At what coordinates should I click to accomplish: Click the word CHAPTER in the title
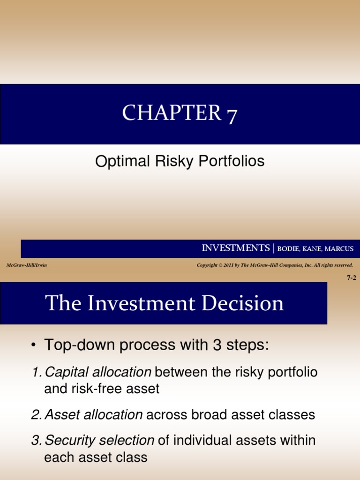(x=171, y=113)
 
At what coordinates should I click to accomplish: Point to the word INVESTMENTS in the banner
(x=235, y=248)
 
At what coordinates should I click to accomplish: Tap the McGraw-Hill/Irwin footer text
(x=26, y=265)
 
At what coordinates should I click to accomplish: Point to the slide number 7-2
(x=351, y=277)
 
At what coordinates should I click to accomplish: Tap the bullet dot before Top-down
(x=33, y=346)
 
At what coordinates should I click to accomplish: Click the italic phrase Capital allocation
(x=97, y=372)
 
